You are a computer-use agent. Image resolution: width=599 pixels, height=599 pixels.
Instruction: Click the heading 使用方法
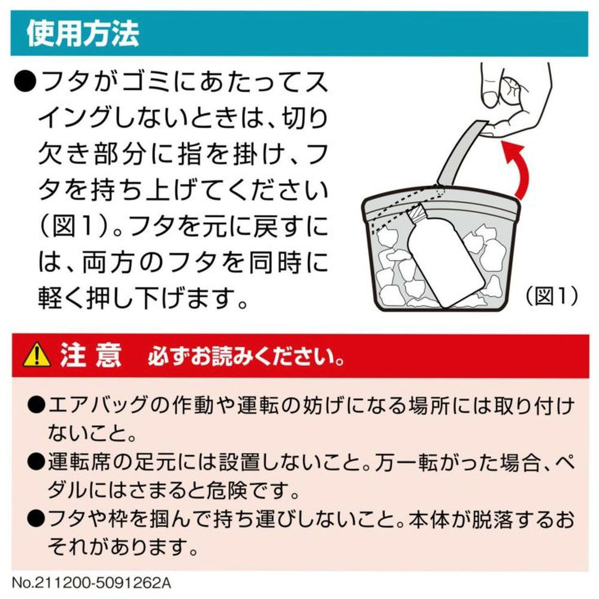tap(83, 33)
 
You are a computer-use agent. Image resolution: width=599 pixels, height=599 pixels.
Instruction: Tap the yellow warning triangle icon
tap(37, 355)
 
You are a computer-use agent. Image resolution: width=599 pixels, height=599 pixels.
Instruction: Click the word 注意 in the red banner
tap(91, 355)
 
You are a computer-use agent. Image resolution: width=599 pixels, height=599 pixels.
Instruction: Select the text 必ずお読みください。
tap(245, 356)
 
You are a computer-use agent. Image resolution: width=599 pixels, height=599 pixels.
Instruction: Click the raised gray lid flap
tap(463, 153)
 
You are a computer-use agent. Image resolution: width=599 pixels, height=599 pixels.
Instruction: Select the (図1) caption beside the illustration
tap(552, 296)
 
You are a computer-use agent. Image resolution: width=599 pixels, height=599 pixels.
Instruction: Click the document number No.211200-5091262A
tap(92, 583)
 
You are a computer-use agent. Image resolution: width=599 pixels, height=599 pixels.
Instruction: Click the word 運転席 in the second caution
tap(80, 462)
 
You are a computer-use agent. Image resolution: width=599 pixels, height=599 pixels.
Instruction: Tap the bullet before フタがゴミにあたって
tap(25, 81)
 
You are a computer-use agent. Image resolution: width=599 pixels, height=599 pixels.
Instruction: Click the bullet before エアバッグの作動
tap(37, 406)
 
